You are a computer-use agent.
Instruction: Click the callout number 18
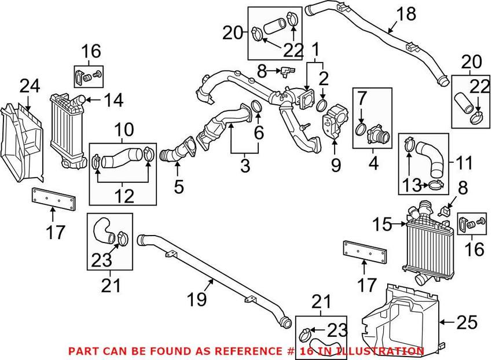pos(407,14)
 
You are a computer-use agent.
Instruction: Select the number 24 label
pos(30,87)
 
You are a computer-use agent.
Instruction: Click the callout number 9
pos(336,166)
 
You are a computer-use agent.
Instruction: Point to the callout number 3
pos(245,166)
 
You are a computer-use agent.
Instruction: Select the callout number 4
pos(373,164)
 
